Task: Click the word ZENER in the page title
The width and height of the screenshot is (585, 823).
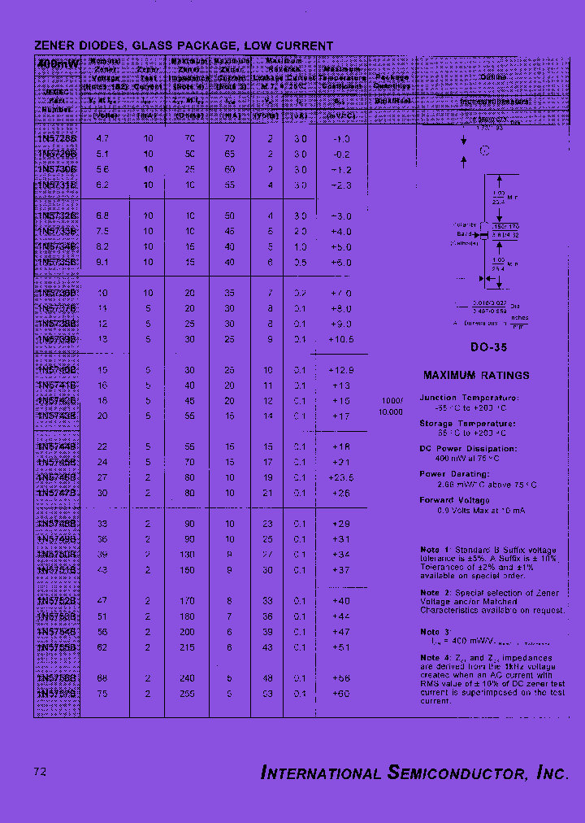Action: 54,46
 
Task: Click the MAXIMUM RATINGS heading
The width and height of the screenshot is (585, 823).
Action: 476,376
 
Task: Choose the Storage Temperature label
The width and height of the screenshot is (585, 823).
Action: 467,424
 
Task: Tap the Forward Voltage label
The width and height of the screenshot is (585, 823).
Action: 454,500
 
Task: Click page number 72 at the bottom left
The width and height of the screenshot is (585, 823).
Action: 40,771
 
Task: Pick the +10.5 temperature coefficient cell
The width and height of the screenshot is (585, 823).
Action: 341,339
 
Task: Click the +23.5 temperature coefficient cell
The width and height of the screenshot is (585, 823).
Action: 341,477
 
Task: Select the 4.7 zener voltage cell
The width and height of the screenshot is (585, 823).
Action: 102,139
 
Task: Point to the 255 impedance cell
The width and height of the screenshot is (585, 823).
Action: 189,694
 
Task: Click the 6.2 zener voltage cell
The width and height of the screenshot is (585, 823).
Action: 102,185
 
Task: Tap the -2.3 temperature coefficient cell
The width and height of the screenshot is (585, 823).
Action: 341,185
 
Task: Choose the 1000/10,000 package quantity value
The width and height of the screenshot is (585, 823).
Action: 392,407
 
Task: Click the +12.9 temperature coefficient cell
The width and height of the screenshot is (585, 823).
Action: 341,370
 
